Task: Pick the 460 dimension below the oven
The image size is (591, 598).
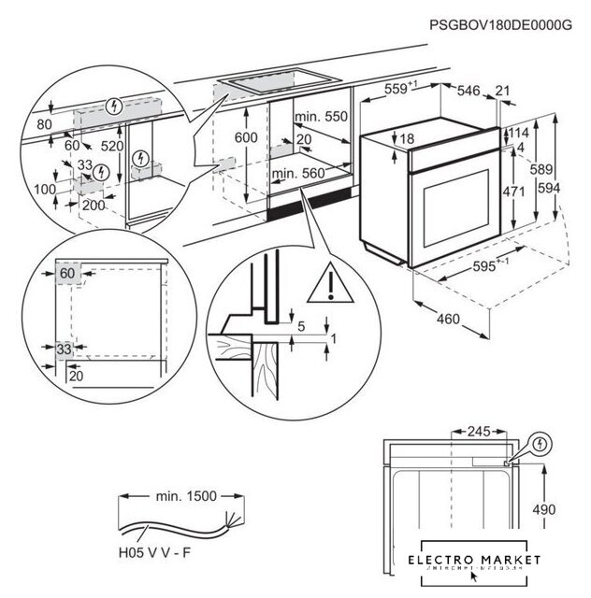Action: [448, 320]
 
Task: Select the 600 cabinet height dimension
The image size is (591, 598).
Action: [245, 136]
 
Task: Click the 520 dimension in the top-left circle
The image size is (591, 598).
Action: [111, 146]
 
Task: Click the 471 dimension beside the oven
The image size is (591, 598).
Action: [536, 191]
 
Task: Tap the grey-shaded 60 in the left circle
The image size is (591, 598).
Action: [65, 273]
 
